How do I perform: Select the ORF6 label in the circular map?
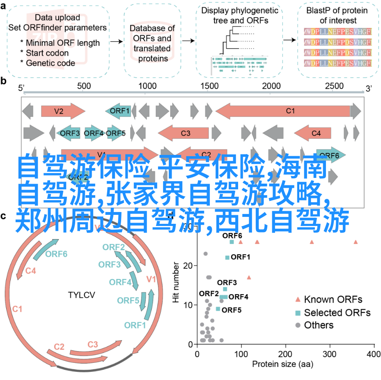point(56,254)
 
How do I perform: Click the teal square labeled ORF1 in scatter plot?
point(227,258)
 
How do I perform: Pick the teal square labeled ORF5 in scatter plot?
point(218,309)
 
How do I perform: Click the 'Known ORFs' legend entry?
point(333,299)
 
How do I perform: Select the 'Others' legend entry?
point(318,325)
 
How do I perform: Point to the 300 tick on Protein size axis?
point(330,353)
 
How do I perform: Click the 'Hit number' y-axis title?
point(176,283)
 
